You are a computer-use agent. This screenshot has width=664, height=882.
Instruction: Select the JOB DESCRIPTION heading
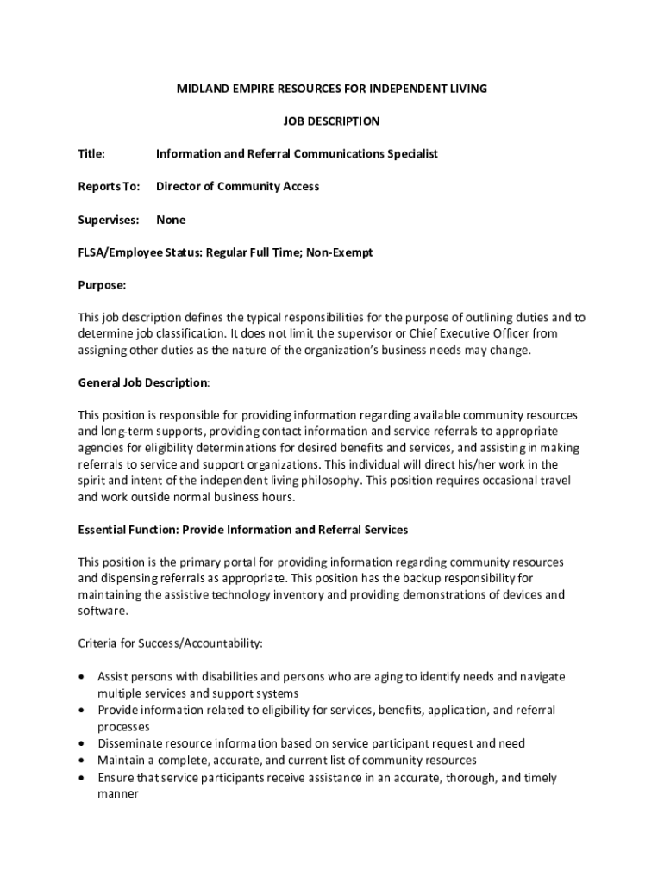(332, 121)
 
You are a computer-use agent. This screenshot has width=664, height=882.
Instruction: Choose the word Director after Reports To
(179, 187)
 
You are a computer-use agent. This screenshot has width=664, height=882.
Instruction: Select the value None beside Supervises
(171, 220)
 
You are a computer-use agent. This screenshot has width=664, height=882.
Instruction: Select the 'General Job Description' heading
(142, 382)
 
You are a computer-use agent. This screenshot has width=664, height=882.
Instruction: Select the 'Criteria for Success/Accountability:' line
(170, 643)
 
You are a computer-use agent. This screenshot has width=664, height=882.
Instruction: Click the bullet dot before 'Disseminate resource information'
(81, 743)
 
